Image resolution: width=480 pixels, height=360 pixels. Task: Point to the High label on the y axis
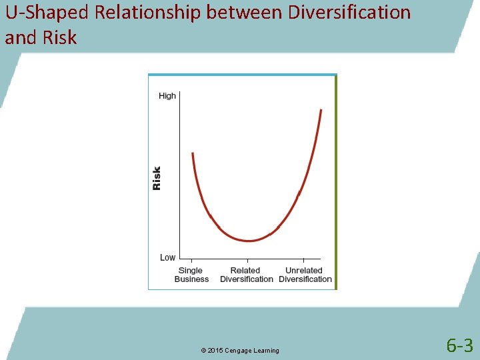coord(167,96)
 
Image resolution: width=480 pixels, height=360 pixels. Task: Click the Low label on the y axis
coord(167,257)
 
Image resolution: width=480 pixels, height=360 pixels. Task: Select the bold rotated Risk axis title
coord(157,178)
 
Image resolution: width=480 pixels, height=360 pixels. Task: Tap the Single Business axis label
coord(191,275)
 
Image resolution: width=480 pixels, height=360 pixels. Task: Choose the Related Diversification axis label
coord(247,275)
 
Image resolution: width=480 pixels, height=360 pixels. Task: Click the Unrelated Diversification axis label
coord(305,275)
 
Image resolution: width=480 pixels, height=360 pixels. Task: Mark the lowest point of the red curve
coord(249,241)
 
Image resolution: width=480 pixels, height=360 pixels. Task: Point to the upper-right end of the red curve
coord(321,111)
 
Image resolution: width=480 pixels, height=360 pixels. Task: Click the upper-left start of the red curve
coord(192,154)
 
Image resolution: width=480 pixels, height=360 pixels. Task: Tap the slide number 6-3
coord(459,345)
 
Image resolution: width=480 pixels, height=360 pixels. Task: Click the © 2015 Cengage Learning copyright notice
coord(239,351)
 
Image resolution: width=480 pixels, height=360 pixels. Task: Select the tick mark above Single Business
coord(192,261)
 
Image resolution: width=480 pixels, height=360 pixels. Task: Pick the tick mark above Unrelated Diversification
coord(304,261)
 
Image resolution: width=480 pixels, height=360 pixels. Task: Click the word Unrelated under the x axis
coord(304,271)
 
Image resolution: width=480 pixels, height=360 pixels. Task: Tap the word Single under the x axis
coord(191,271)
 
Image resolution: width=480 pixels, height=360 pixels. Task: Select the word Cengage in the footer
coord(238,351)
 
